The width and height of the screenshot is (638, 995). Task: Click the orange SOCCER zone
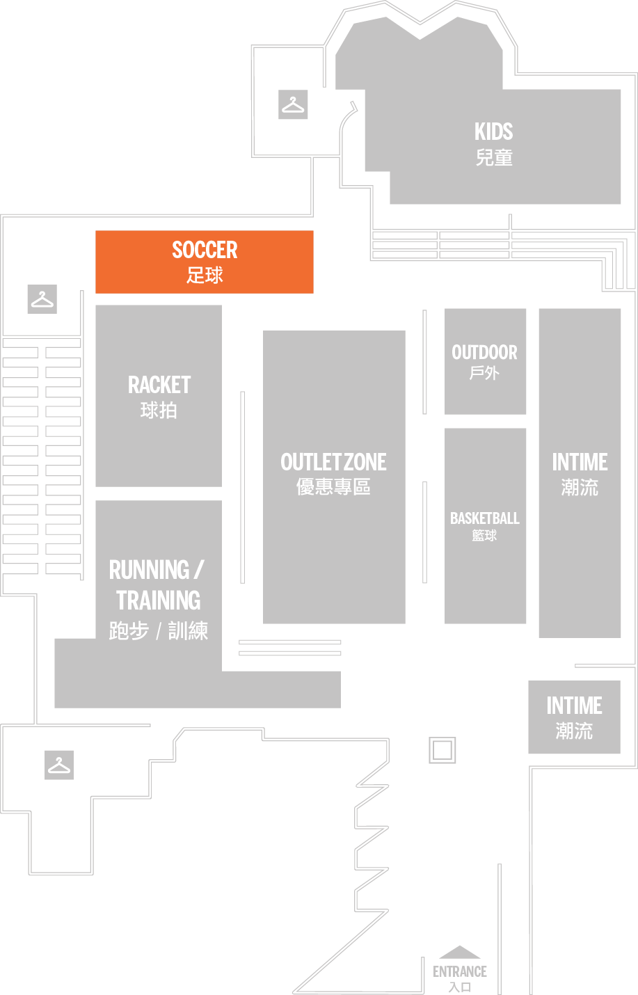coord(205,262)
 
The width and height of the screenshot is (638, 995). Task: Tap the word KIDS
coord(493,132)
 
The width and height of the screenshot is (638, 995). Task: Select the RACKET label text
coord(159,385)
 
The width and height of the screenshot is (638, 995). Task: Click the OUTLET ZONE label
coord(333,462)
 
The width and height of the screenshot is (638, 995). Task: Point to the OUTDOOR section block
coord(485,362)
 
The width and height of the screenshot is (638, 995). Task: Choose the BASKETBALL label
coord(485,518)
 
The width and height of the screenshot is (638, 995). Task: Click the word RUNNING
coord(150,570)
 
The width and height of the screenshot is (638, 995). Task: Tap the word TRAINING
coord(159,600)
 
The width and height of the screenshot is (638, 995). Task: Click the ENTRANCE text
coord(460,971)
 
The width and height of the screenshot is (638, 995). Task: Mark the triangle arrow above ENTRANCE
coord(460,953)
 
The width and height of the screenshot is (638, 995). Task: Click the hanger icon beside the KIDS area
coord(293,104)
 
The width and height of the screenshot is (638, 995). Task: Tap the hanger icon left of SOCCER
coord(42,299)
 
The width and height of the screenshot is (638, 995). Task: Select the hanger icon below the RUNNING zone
coord(59,765)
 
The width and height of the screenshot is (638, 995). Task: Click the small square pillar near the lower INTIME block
coord(442,750)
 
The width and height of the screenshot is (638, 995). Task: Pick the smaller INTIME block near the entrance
coord(574,717)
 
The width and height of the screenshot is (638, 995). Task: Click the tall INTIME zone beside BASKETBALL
coord(580,473)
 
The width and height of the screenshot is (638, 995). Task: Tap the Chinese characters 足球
coord(205,275)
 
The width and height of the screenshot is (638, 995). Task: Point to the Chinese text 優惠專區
coord(333,486)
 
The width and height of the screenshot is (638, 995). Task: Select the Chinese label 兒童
coord(493,157)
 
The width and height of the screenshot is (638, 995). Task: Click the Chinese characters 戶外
coord(484,373)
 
